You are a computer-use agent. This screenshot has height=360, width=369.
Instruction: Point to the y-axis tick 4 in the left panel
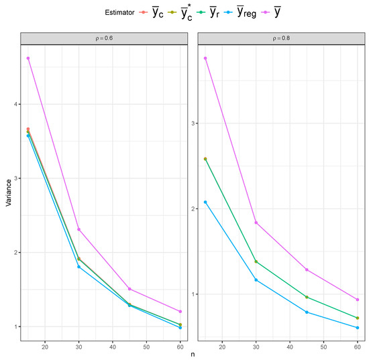click(x=15, y=104)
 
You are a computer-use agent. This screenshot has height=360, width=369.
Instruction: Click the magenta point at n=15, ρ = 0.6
click(x=28, y=58)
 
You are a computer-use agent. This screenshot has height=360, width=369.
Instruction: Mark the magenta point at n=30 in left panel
click(x=79, y=229)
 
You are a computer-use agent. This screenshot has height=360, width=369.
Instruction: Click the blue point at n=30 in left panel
click(x=79, y=267)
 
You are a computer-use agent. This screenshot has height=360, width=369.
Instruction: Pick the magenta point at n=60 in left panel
click(x=180, y=311)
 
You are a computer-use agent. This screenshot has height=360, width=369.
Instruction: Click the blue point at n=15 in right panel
click(x=205, y=202)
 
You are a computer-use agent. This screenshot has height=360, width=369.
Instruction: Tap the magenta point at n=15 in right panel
click(x=205, y=58)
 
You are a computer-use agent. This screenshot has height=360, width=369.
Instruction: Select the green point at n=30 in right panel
click(x=256, y=261)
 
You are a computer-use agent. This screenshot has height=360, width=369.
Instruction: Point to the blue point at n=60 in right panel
click(x=358, y=327)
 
